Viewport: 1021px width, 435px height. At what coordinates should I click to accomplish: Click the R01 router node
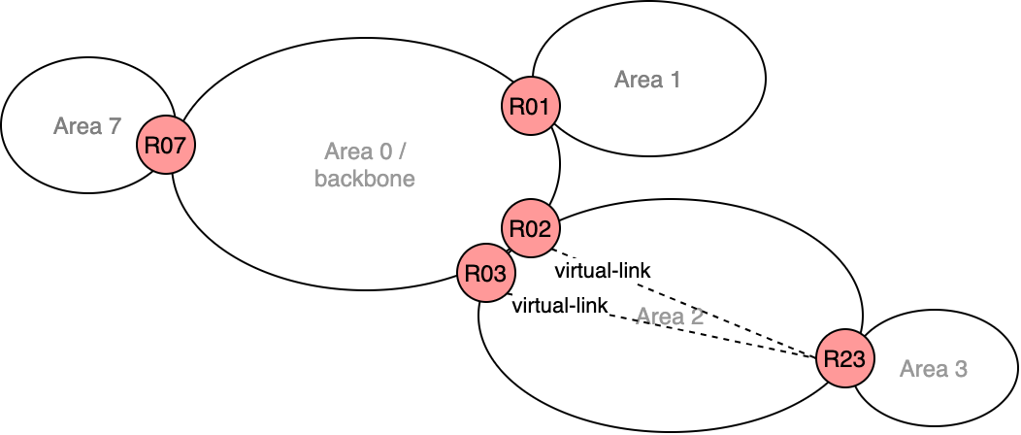[x=530, y=106]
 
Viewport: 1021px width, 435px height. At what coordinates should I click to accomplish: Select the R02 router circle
[x=530, y=229]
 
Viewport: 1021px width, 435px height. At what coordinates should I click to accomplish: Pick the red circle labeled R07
[x=166, y=146]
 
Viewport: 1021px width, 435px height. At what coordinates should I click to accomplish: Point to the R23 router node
[x=843, y=358]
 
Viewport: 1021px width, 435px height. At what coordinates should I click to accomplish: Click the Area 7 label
[x=87, y=125]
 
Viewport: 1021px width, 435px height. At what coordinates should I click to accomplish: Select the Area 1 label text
[x=646, y=80]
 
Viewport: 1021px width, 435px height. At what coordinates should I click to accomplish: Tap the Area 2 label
[x=670, y=317]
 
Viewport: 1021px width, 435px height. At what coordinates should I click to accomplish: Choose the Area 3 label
[x=933, y=369]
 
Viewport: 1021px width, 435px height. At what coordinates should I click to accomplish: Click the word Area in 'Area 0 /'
[x=346, y=152]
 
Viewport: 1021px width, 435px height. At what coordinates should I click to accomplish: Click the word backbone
[x=364, y=179]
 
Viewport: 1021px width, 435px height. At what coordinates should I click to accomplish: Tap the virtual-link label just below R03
[x=559, y=306]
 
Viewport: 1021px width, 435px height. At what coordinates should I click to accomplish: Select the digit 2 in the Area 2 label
[x=697, y=317]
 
